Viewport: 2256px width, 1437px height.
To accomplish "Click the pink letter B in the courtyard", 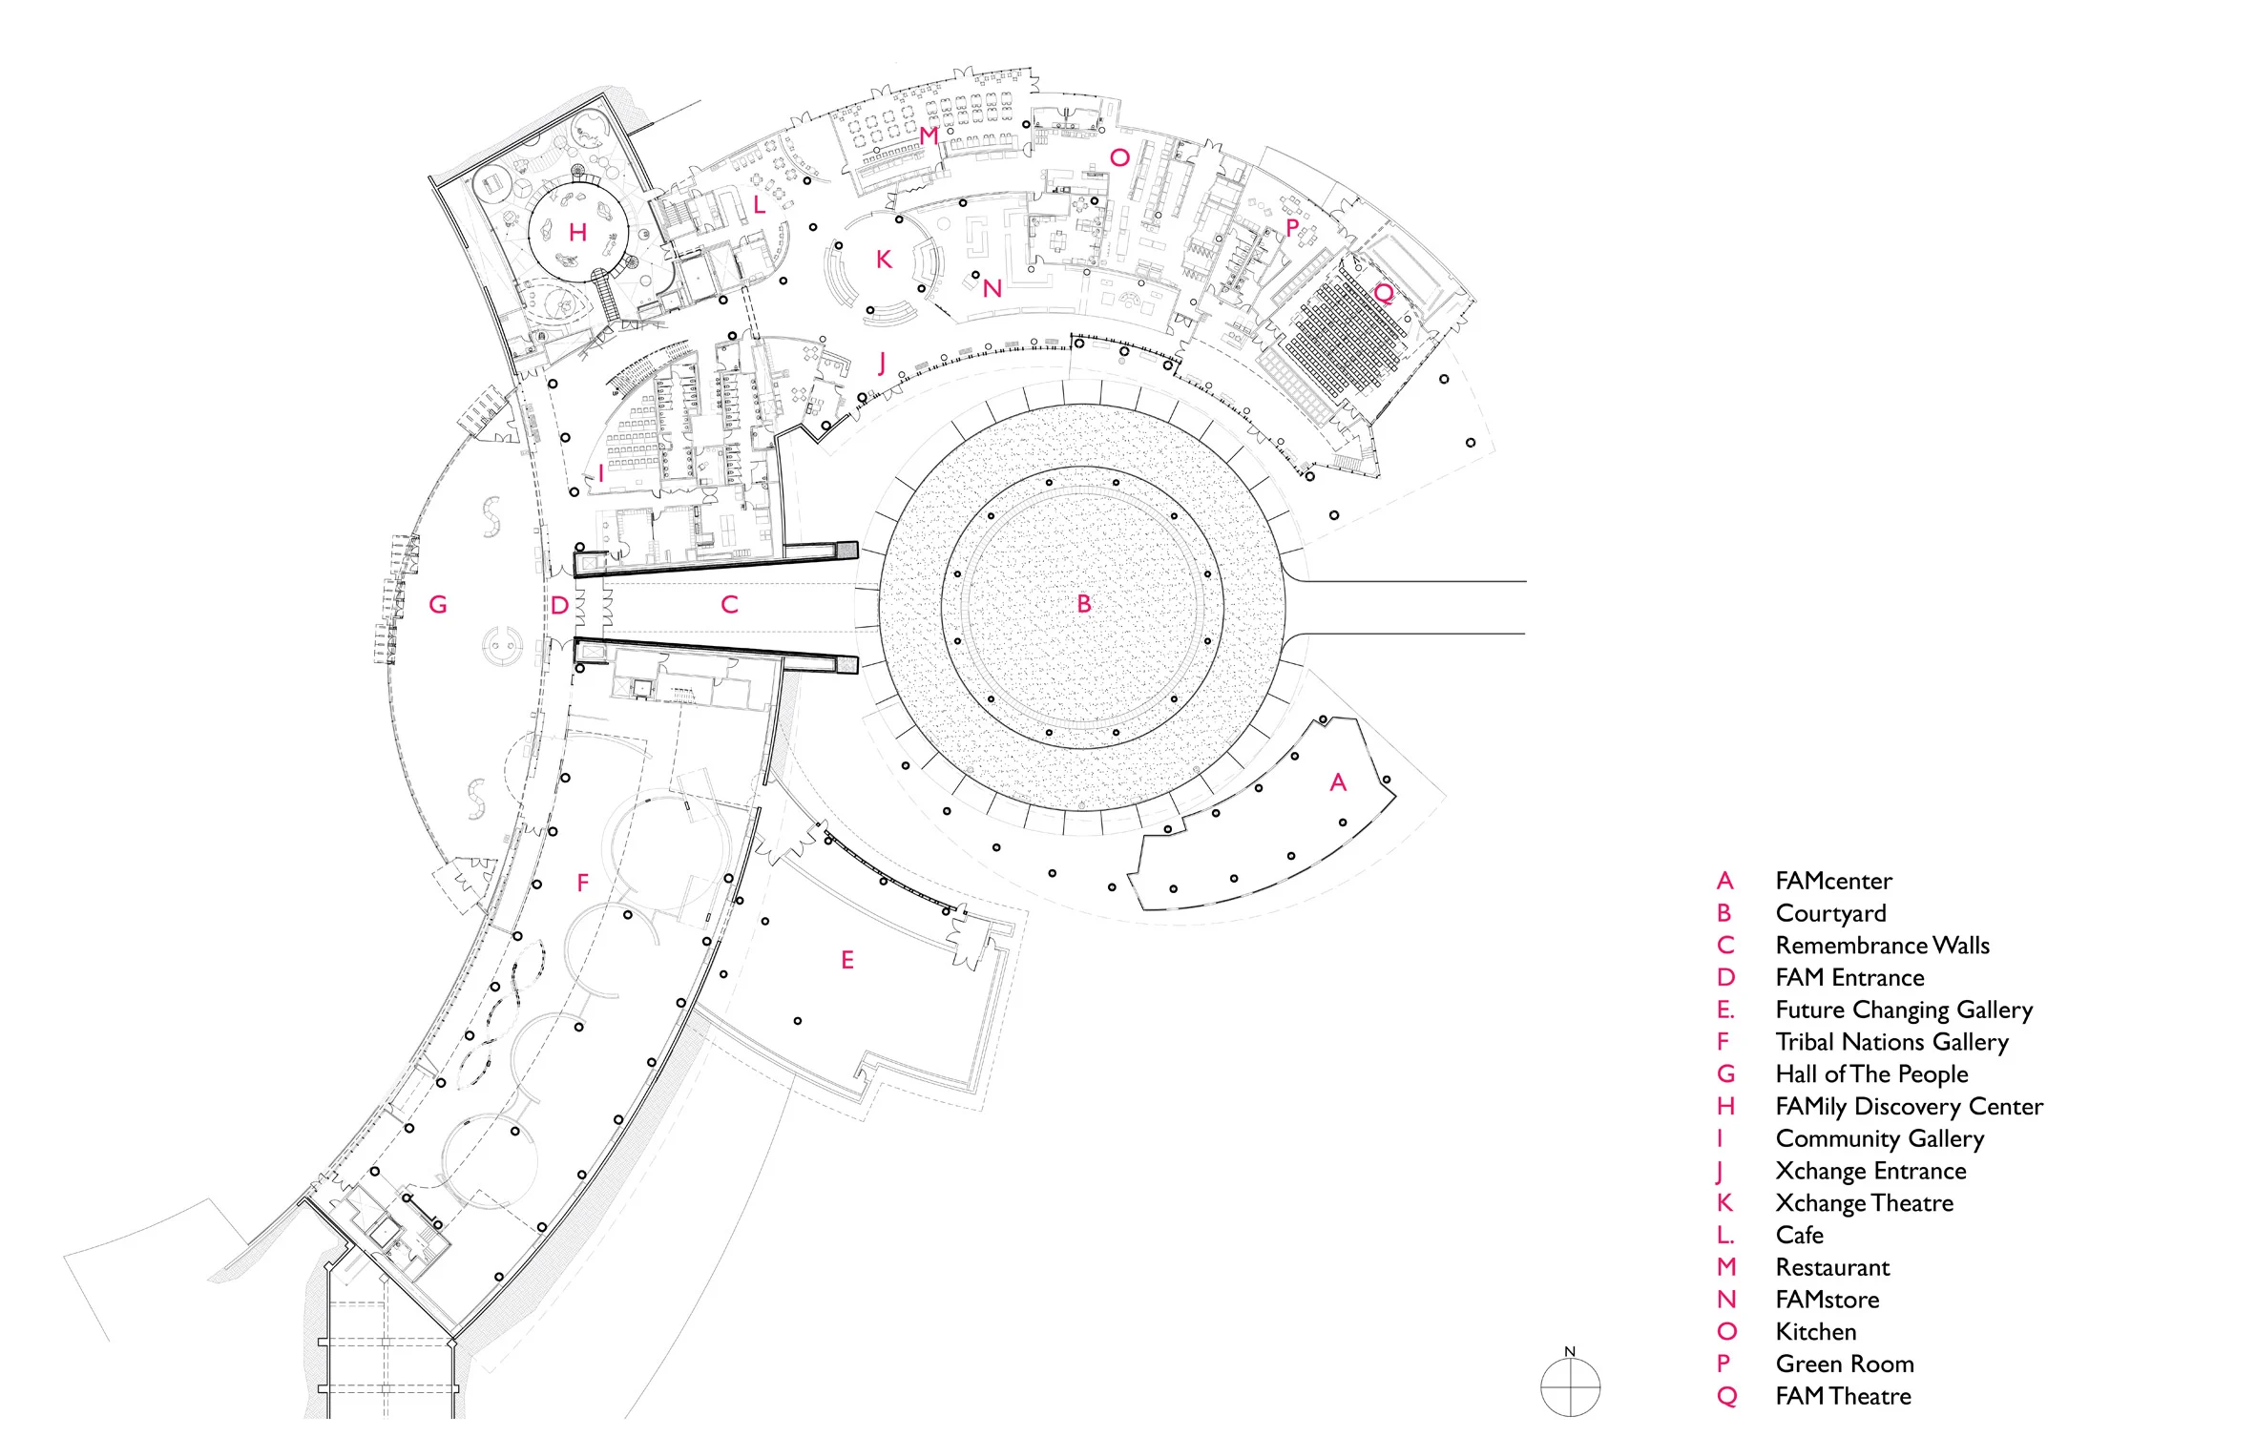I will tap(1083, 604).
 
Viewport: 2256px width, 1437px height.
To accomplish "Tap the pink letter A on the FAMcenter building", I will tap(1338, 783).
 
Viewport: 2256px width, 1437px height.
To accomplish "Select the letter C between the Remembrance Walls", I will tap(729, 605).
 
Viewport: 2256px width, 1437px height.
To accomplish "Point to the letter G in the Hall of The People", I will tap(438, 605).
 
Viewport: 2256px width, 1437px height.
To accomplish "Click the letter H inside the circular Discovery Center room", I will tap(577, 233).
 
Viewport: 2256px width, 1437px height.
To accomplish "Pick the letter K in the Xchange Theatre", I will tap(884, 260).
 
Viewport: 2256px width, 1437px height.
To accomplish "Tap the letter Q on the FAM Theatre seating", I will tap(1383, 293).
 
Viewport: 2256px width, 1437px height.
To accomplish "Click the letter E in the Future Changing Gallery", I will tap(846, 961).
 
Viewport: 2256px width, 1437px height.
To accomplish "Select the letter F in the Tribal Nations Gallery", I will tap(582, 884).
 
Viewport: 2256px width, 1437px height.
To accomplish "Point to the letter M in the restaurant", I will tap(929, 136).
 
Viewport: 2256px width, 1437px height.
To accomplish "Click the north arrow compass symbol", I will tap(1570, 1385).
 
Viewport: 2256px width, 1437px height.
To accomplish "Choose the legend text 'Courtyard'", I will tap(1830, 914).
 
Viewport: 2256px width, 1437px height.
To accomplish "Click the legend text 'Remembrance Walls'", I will tap(1882, 946).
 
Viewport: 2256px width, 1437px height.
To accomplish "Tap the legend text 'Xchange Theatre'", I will tap(1864, 1203).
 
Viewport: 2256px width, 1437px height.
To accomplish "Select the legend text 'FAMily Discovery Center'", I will tap(1909, 1107).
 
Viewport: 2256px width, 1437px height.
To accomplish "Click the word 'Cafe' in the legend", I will tap(1799, 1236).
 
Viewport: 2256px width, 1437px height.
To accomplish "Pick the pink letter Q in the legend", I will tap(1726, 1397).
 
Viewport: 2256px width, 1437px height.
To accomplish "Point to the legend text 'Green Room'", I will tap(1844, 1364).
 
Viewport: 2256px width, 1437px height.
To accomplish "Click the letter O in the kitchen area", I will tap(1119, 158).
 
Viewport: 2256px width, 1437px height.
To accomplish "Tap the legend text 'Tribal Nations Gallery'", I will tap(1891, 1042).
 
